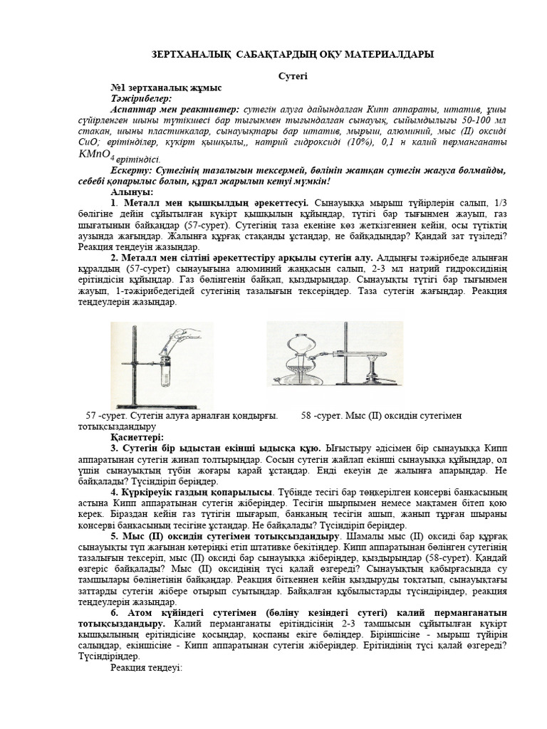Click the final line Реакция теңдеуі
coord(147,668)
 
